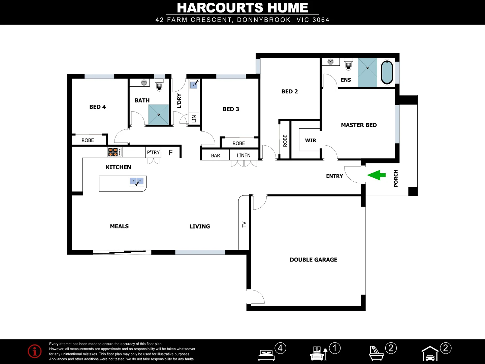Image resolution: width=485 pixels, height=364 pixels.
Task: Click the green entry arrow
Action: tap(376, 175)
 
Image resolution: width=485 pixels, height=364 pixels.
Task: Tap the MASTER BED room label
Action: tap(359, 125)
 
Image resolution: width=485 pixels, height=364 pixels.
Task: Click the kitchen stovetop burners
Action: tap(113, 152)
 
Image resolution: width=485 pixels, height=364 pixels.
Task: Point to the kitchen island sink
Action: tap(137, 181)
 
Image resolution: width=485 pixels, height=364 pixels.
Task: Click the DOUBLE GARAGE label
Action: tap(313, 260)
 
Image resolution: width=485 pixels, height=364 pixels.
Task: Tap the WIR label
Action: tap(310, 141)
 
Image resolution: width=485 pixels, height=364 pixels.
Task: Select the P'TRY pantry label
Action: tap(153, 152)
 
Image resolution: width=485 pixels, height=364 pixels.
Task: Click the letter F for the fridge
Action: tap(170, 153)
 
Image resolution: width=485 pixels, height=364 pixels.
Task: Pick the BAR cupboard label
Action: tap(216, 155)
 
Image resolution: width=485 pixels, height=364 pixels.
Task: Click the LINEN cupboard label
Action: tap(244, 155)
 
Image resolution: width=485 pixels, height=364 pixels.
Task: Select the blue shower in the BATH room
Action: tap(158, 115)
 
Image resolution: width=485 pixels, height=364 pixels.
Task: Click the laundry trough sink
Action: tap(194, 84)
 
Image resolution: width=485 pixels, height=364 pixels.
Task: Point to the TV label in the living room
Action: tap(244, 224)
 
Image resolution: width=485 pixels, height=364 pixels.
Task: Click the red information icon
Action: tap(35, 351)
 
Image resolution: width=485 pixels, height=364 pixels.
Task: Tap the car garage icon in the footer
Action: tap(430, 354)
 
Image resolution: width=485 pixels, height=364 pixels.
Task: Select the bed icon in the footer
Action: tap(266, 355)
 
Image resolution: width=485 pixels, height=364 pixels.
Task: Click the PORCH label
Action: tap(396, 178)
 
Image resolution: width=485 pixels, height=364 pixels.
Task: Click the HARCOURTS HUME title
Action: tap(243, 8)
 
